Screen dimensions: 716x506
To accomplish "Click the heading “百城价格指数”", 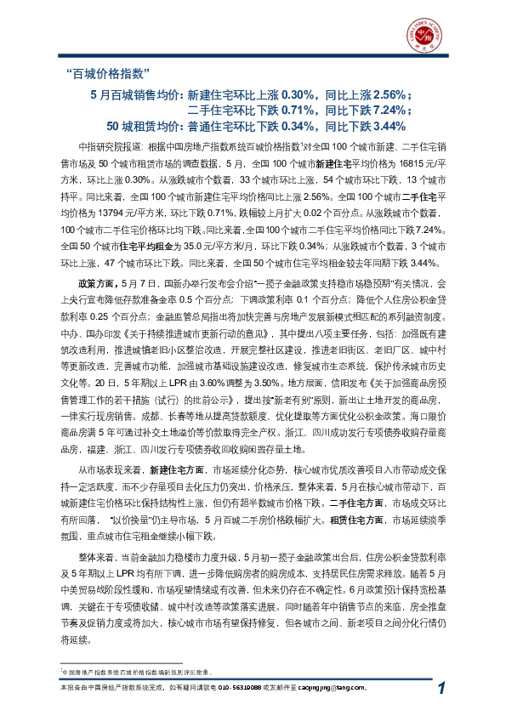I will [x=108, y=72].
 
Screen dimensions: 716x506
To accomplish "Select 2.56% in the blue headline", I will [x=389, y=94].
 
